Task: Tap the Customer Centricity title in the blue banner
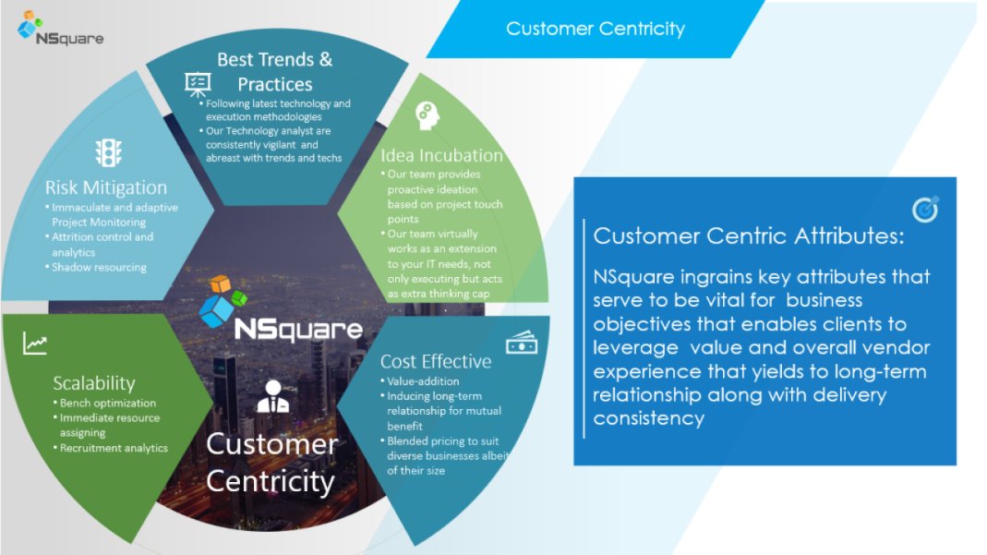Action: tap(595, 29)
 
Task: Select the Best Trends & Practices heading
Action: tap(274, 71)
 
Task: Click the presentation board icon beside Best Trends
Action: tap(198, 82)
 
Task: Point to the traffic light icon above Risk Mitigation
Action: tap(108, 152)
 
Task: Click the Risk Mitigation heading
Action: tap(106, 188)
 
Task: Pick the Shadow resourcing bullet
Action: tap(99, 267)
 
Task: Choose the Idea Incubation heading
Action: tap(441, 155)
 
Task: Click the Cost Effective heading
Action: tap(436, 361)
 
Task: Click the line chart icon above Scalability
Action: tap(36, 344)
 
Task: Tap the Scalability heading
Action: tap(94, 382)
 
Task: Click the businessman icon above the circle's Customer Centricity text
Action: tap(271, 396)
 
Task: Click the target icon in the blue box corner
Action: tap(924, 210)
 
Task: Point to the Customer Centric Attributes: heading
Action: tap(749, 235)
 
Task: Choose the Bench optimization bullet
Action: tap(104, 404)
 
